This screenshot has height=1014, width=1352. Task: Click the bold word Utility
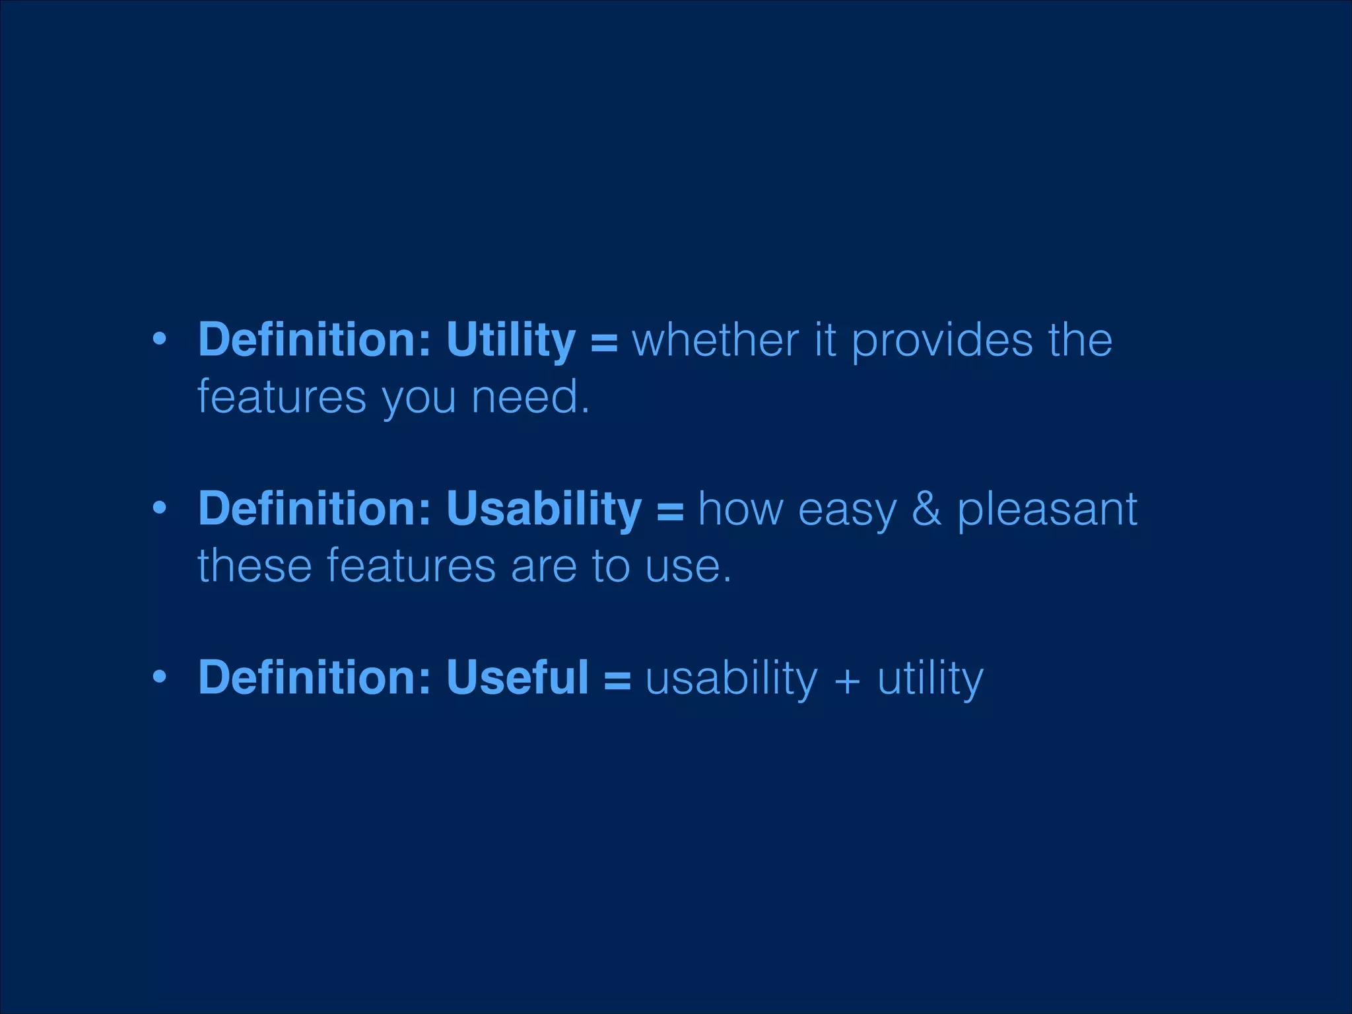click(x=510, y=341)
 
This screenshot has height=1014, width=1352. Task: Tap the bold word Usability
click(x=543, y=510)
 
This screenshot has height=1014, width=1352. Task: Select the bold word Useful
click(x=517, y=678)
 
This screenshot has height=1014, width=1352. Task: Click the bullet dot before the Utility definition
click(x=159, y=340)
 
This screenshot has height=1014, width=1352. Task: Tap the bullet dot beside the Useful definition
click(x=159, y=677)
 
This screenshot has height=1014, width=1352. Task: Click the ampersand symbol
click(x=926, y=510)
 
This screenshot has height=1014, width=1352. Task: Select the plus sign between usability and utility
click(x=848, y=680)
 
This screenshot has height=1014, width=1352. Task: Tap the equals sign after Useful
click(x=617, y=680)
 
